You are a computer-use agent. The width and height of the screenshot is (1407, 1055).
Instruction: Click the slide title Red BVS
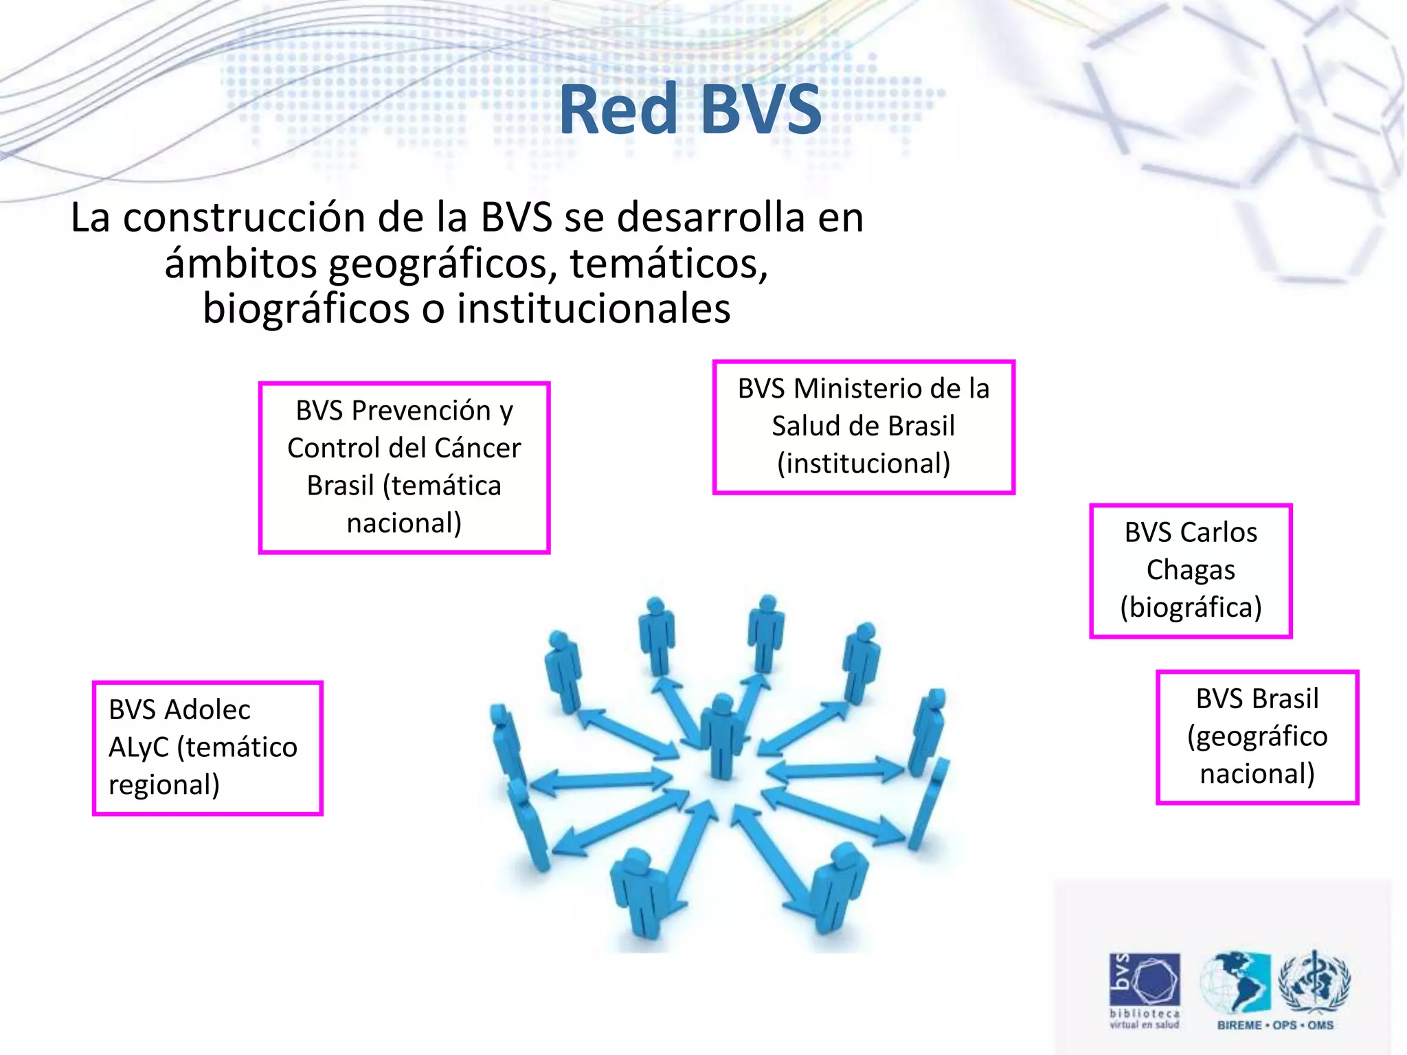pos(690,110)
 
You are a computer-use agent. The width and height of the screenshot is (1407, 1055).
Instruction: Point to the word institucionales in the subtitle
pos(593,309)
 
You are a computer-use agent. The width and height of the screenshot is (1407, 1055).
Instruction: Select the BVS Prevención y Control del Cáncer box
pos(404,467)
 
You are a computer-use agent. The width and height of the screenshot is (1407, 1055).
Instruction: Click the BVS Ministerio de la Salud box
pos(864,427)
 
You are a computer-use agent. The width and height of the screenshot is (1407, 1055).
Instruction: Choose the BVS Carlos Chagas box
pos(1191,571)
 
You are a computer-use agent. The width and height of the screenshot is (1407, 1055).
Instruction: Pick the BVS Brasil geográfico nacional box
pos(1257,736)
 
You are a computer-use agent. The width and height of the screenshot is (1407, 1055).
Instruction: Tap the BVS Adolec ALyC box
pos(207,747)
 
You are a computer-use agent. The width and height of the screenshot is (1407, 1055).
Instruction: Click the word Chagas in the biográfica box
pos(1191,570)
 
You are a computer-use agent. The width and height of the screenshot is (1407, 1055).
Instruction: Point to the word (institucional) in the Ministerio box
pos(864,464)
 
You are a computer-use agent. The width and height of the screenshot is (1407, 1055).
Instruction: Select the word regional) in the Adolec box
pos(164,785)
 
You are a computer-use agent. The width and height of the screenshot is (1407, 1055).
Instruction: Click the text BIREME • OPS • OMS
pos(1275,1025)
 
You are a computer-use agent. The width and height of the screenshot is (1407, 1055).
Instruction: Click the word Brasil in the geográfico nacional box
pos(1291,699)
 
